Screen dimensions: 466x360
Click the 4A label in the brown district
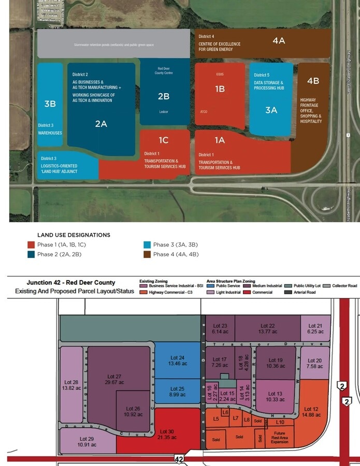(279, 40)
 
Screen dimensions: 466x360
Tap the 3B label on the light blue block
(50, 104)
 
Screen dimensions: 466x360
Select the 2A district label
(101, 124)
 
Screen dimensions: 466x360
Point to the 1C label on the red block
(164, 140)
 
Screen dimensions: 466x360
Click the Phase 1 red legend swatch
(31, 245)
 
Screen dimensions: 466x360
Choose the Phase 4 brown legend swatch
(147, 254)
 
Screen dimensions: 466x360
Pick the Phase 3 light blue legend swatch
(147, 245)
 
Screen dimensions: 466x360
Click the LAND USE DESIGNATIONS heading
(74, 235)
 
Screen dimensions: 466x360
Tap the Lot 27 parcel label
(114, 380)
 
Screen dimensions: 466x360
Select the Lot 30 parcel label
(167, 434)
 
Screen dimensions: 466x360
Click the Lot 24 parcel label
(178, 360)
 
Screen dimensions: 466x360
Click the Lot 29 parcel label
(87, 442)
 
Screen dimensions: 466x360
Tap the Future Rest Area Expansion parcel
(280, 438)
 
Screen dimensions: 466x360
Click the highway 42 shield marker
(179, 459)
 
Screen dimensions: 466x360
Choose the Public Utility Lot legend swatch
(289, 286)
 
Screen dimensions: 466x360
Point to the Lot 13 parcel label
(275, 397)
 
